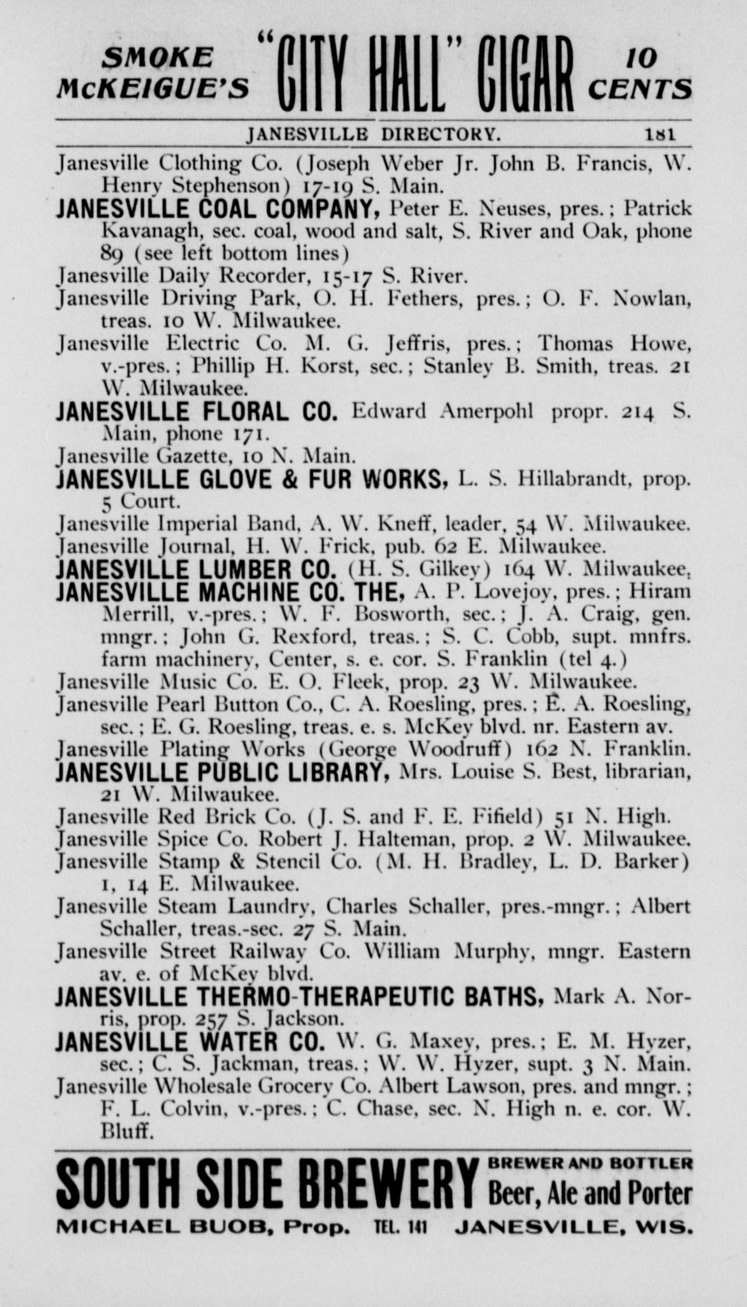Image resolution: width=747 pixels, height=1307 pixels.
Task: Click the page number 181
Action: (660, 135)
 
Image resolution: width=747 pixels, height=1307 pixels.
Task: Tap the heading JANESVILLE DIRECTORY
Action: (374, 135)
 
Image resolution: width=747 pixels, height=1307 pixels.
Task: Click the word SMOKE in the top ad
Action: (157, 58)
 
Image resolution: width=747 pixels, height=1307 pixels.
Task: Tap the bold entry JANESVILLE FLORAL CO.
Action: (197, 412)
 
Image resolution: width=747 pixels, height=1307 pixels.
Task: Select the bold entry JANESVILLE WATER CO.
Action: (190, 1043)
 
